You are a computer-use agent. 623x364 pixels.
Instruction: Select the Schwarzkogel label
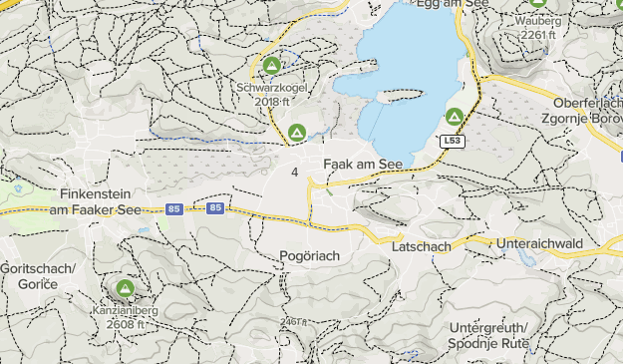click(272, 87)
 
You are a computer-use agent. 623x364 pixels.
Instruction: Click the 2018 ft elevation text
click(272, 101)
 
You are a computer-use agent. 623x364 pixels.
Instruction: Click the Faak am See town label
click(363, 164)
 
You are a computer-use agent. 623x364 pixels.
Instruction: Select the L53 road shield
click(454, 142)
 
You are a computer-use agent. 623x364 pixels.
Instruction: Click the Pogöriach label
click(309, 256)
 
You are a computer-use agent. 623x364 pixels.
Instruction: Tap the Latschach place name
click(423, 245)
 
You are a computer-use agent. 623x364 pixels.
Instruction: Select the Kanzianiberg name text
click(126, 310)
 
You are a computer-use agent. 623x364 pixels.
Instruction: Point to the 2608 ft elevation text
click(126, 324)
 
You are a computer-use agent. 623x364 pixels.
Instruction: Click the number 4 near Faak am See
click(295, 173)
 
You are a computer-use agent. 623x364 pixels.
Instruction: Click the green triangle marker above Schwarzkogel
click(271, 67)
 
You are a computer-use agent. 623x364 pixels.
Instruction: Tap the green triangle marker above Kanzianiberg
click(125, 289)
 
